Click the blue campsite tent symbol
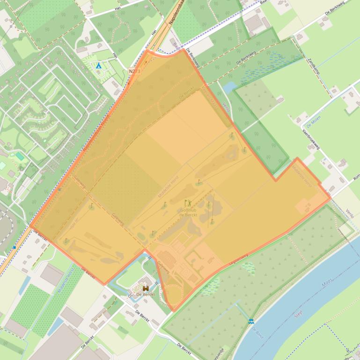point(98,66)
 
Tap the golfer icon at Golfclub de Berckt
point(188,203)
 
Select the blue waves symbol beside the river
point(251,322)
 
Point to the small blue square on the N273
point(15,247)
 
